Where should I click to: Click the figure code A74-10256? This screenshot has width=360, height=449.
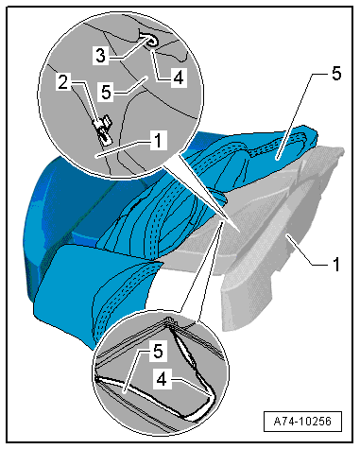coord(302,422)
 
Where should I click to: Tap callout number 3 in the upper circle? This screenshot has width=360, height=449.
coord(100,56)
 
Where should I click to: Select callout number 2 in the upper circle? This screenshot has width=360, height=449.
coord(63,81)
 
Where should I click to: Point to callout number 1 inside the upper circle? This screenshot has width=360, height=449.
coord(158,140)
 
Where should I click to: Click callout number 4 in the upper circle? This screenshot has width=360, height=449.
coord(179,78)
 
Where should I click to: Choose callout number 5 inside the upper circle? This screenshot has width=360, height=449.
coord(107,93)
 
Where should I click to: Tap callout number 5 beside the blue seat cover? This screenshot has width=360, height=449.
coord(336,74)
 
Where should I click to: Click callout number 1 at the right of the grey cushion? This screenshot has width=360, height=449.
coord(336,265)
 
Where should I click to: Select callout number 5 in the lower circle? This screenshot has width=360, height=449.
coord(158,351)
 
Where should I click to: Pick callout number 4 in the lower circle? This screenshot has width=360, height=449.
coord(162,379)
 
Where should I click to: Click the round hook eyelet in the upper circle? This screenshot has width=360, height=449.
coord(152,42)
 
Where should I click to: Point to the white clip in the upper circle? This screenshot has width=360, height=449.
coord(103,130)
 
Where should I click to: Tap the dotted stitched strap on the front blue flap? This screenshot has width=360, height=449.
coord(121,293)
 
